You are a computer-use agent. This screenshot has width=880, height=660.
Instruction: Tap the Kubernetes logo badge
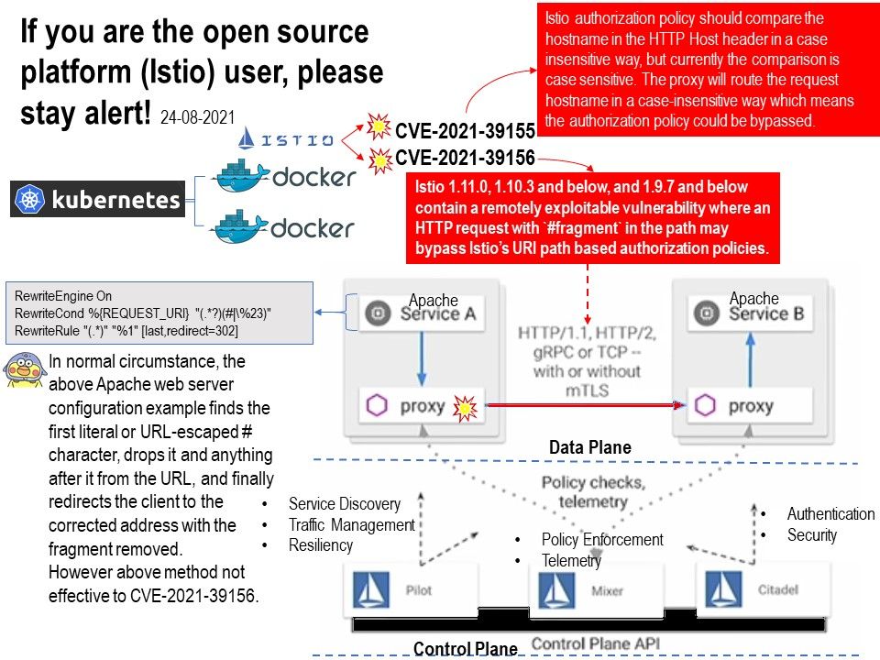[x=97, y=199]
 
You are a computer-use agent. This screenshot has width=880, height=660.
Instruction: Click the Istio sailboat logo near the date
[x=246, y=139]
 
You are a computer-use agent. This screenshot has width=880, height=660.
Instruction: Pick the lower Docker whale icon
[x=240, y=225]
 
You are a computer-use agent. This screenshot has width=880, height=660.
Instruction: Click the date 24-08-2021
[x=197, y=117]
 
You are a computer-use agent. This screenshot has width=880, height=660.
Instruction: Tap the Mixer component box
[x=580, y=589]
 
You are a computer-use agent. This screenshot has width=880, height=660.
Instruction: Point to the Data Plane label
[x=589, y=447]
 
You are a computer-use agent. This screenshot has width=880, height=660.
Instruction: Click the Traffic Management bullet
[x=351, y=524]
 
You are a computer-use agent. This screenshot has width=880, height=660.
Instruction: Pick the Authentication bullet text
[x=830, y=514]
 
